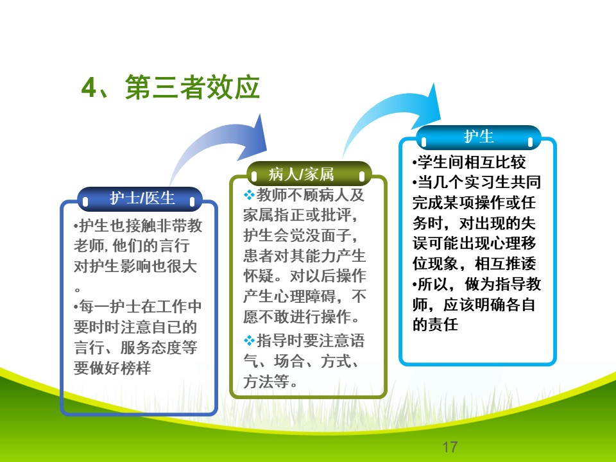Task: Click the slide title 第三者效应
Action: (193, 87)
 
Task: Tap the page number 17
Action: (450, 447)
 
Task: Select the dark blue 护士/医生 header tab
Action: (140, 199)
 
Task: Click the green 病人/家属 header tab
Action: (309, 175)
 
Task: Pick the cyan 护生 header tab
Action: (479, 137)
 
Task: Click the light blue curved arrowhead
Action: (428, 107)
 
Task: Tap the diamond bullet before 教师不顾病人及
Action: (249, 194)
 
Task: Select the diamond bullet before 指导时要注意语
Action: (249, 340)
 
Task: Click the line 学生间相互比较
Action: (469, 162)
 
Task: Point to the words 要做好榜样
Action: (112, 368)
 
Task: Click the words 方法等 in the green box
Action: (266, 381)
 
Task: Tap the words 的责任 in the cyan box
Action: (435, 324)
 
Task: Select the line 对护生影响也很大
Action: (135, 266)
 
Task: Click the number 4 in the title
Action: (89, 87)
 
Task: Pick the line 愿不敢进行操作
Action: (301, 316)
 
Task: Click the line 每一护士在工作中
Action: (137, 307)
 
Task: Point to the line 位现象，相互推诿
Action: (474, 263)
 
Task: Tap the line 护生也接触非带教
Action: (137, 225)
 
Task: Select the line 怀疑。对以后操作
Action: (305, 276)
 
